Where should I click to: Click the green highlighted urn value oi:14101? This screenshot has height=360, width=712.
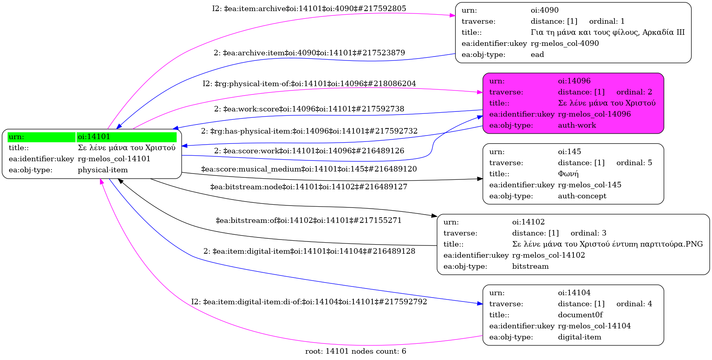94,137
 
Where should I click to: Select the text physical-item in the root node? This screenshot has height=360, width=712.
103,170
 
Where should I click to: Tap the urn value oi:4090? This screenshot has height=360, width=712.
545,10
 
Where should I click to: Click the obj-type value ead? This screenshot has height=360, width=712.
537,55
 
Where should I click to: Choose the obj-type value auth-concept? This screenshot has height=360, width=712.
582,196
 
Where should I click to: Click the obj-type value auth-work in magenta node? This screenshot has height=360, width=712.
577,125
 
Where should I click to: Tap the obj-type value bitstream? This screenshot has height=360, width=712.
530,266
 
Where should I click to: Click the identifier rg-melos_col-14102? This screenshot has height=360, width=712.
549,255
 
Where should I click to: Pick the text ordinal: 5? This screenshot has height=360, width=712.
634,163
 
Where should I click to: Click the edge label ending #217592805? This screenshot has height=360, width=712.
309,9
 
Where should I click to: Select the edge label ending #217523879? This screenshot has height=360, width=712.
309,53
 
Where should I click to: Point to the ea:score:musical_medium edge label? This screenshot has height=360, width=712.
309,169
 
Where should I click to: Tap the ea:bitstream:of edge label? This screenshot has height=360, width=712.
308,221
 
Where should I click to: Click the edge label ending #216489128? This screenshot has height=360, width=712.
309,251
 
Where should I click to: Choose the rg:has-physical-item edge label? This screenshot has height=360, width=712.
309,131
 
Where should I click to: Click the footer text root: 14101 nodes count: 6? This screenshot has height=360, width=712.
355,351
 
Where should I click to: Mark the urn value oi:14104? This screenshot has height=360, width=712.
574,293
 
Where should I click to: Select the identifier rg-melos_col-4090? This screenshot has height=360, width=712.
565,43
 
